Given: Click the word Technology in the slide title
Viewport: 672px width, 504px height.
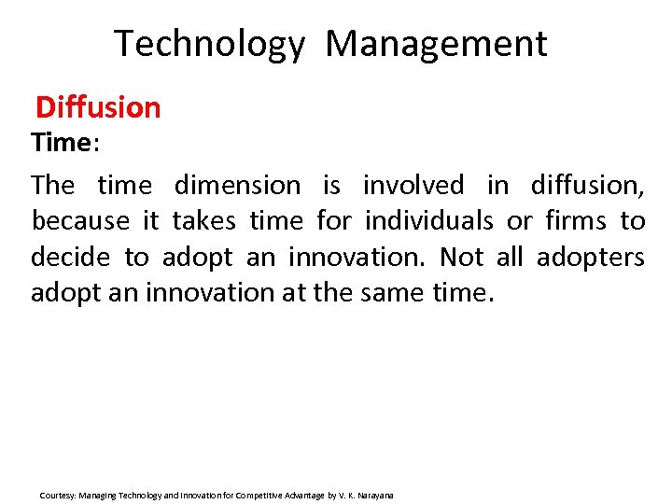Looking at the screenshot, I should [209, 45].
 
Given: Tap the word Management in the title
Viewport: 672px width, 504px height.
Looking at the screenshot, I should [436, 45].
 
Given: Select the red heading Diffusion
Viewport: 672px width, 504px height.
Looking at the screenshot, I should [98, 107].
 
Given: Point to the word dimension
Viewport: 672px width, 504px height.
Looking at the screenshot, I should [237, 185].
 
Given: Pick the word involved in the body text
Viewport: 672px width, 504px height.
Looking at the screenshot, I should [413, 185].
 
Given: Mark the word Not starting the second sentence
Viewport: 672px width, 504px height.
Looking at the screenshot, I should [463, 257].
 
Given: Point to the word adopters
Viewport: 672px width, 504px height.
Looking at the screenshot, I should [590, 257].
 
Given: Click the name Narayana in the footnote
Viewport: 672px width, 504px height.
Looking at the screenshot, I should [375, 495].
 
